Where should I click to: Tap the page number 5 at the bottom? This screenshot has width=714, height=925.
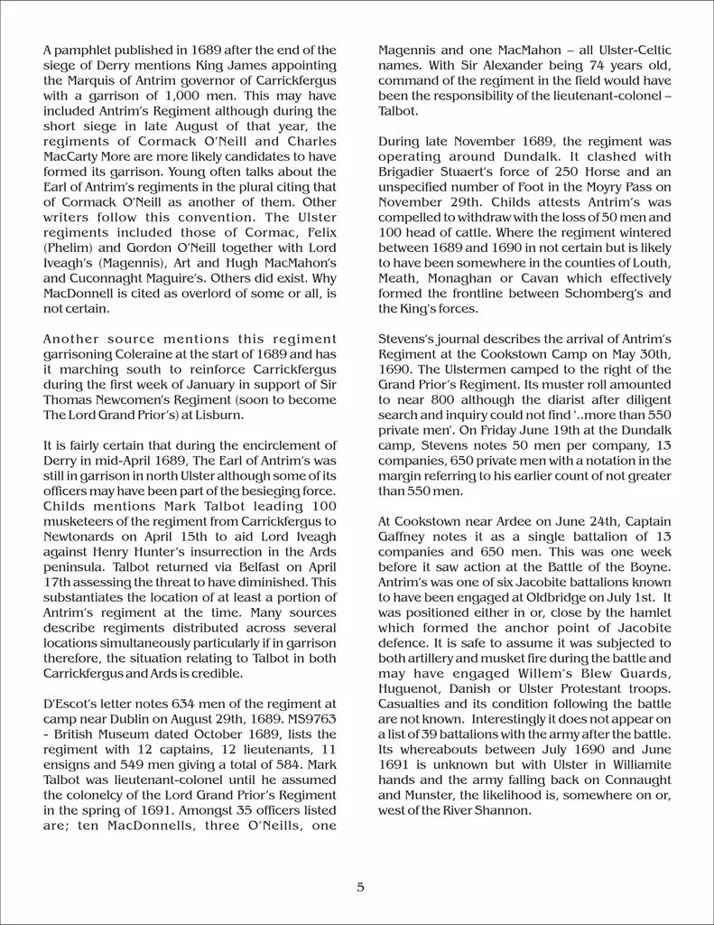tap(360, 887)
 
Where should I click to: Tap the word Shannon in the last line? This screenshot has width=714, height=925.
tap(505, 810)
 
